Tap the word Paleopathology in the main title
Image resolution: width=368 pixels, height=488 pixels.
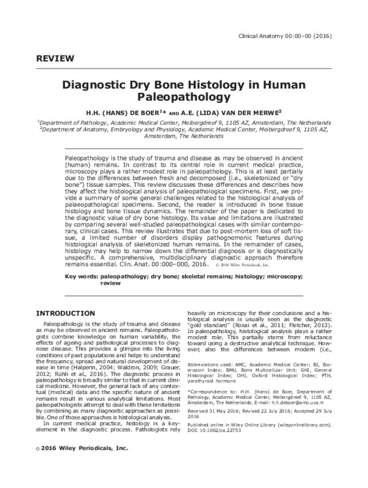(183, 97)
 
